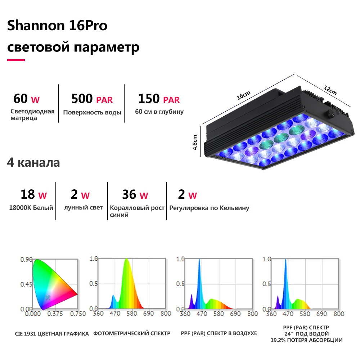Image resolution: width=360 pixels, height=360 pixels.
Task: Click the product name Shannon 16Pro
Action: pyautogui.click(x=57, y=25)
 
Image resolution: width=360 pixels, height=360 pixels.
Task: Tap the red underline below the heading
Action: pyautogui.click(x=16, y=60)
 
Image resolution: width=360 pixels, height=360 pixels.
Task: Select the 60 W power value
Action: pyautogui.click(x=26, y=99)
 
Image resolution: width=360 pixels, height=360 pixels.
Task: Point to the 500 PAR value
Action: pyautogui.click(x=92, y=99)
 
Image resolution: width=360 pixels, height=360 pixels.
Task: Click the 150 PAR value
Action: pyautogui.click(x=159, y=99)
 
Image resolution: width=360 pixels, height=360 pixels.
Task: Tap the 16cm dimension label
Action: pyautogui.click(x=243, y=95)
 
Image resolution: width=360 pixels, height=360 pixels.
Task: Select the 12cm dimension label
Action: pyautogui.click(x=330, y=90)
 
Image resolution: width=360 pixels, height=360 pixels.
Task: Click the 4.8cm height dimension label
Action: pyautogui.click(x=195, y=142)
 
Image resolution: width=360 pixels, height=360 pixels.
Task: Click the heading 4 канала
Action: pyautogui.click(x=33, y=163)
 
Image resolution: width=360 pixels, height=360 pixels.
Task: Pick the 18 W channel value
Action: pyautogui.click(x=33, y=194)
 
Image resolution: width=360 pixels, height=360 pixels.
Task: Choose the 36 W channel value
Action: pyautogui.click(x=135, y=194)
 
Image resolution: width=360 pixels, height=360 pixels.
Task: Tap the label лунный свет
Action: pyautogui.click(x=83, y=208)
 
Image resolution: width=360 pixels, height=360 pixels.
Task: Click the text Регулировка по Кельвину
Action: pyautogui.click(x=209, y=208)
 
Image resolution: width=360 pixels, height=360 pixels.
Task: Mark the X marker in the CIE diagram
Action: pyautogui.click(x=48, y=298)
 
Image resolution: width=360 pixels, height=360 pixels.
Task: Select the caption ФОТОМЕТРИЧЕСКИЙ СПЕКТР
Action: pyautogui.click(x=132, y=333)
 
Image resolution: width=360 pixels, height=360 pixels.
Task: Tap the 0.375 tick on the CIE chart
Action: pyautogui.click(x=55, y=314)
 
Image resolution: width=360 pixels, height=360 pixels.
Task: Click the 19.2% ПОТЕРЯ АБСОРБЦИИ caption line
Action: pyautogui.click(x=306, y=340)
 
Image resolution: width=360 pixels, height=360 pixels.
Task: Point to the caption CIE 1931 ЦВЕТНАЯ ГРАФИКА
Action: pyautogui.click(x=52, y=334)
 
